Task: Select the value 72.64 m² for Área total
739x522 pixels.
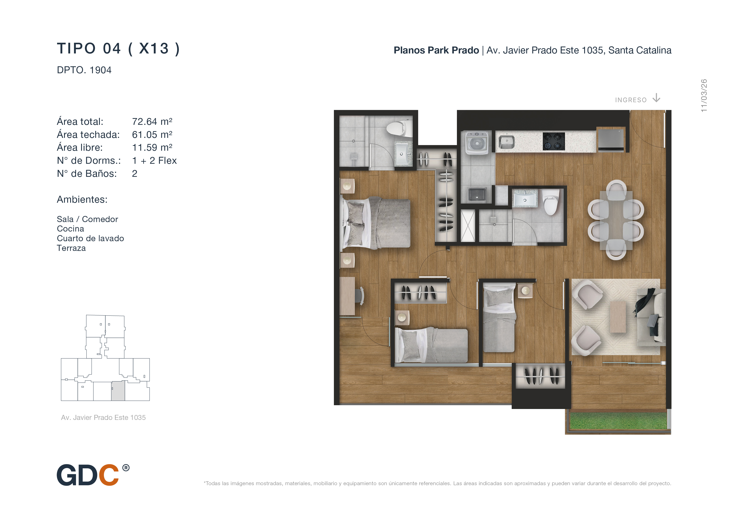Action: click(x=152, y=122)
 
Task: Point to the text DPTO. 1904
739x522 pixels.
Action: click(x=84, y=70)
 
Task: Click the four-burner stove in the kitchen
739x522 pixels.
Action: click(x=554, y=141)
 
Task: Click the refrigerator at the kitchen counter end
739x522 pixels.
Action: click(x=611, y=139)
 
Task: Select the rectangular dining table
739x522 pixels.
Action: click(x=616, y=220)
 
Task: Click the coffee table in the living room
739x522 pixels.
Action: click(x=618, y=317)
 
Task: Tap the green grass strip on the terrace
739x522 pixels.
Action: click(x=618, y=421)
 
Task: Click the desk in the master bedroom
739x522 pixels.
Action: click(x=347, y=296)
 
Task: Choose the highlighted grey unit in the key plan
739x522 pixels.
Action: click(x=118, y=391)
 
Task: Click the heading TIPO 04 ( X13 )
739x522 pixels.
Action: click(x=118, y=49)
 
